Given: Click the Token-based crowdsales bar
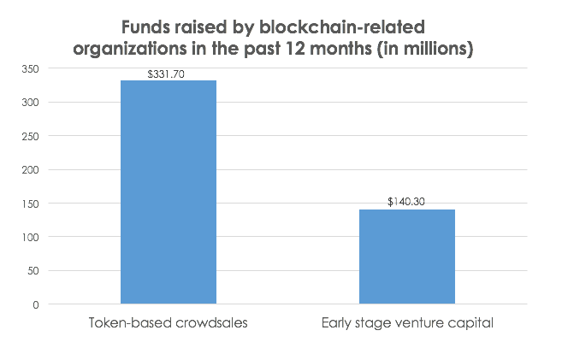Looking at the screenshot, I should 168,192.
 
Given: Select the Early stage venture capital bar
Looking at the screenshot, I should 406,257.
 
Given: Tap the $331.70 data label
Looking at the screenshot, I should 168,74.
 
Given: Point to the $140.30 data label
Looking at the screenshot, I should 407,203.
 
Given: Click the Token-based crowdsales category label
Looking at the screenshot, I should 168,323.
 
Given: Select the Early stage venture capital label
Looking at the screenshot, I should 406,323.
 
